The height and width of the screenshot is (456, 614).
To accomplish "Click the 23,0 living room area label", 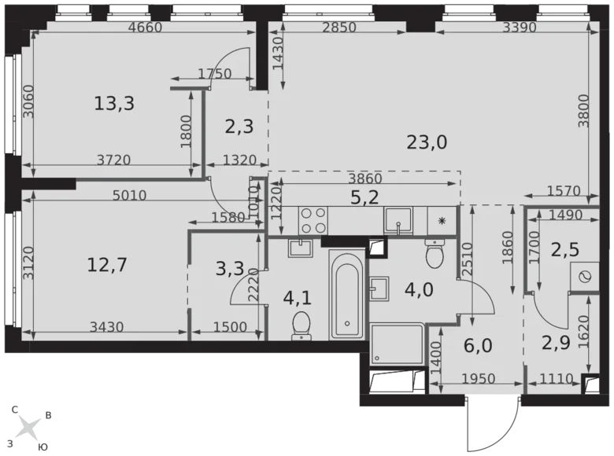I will click(x=427, y=142).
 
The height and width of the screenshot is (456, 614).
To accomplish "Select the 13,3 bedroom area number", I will click(x=113, y=102).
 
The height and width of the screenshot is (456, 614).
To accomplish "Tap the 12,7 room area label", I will click(x=107, y=264).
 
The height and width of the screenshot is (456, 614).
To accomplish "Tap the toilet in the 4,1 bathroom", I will click(x=301, y=325).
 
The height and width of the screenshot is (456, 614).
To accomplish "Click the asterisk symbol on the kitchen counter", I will click(x=442, y=222).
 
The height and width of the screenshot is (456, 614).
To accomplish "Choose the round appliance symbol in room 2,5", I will click(x=584, y=277).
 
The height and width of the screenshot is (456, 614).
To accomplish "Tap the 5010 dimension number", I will click(x=129, y=196).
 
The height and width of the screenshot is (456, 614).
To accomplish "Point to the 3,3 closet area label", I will click(x=228, y=270).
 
